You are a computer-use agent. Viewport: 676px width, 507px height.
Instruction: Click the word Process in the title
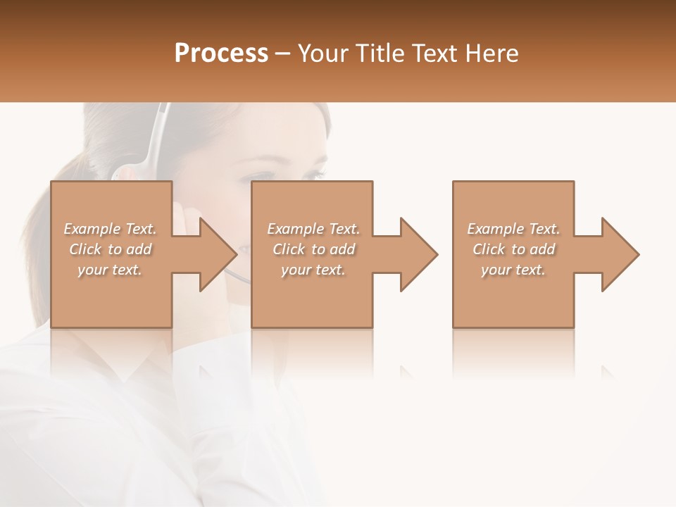point(221,54)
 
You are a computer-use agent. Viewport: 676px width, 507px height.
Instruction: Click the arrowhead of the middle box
point(418,254)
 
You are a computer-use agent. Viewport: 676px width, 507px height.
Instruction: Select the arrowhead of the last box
point(619,254)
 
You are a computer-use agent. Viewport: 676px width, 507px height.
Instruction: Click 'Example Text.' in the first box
point(110,229)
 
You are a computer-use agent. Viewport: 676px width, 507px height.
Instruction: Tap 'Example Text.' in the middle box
point(313,229)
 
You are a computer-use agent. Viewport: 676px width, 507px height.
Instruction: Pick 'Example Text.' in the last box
point(513,229)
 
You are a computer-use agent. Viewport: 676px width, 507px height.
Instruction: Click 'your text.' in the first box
point(110,270)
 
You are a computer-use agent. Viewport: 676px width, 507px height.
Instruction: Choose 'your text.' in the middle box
point(313,270)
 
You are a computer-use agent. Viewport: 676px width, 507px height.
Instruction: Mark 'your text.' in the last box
point(513,270)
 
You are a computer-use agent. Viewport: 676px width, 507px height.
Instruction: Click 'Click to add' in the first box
point(110,249)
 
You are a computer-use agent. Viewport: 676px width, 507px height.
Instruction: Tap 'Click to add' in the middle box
point(313,249)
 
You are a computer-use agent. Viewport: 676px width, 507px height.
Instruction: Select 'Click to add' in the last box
point(513,249)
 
